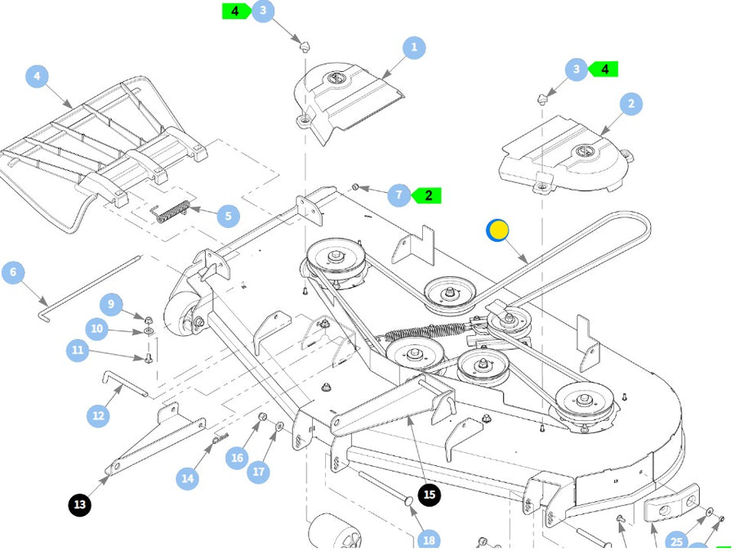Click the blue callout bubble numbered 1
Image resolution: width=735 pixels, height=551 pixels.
point(413,47)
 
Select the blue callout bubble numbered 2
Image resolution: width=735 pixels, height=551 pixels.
point(630,104)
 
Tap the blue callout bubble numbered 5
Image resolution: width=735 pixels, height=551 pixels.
point(228,217)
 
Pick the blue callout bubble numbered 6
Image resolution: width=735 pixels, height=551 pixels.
point(13,272)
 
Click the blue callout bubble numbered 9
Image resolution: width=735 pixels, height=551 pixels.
point(112,305)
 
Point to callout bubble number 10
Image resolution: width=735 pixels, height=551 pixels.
point(97,329)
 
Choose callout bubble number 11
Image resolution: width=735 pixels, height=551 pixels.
point(78,352)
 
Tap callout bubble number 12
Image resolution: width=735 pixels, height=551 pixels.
point(98,415)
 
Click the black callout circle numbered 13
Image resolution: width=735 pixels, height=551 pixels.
point(79,505)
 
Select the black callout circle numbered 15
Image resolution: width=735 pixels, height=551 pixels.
point(430,495)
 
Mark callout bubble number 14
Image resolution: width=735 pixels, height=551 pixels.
point(189,477)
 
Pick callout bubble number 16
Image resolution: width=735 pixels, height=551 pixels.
point(237,457)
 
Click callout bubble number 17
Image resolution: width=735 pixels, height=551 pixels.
point(259,471)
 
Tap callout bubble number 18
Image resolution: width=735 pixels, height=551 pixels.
point(428,540)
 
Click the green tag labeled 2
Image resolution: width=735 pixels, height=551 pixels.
point(428,195)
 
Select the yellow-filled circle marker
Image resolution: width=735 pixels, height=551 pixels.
point(497,231)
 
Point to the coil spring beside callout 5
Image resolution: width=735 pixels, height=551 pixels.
point(172,210)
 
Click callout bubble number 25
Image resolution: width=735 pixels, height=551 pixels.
point(676,540)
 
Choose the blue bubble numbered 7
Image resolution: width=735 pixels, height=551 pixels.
point(399,195)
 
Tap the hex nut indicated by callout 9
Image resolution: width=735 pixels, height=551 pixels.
point(149,317)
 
